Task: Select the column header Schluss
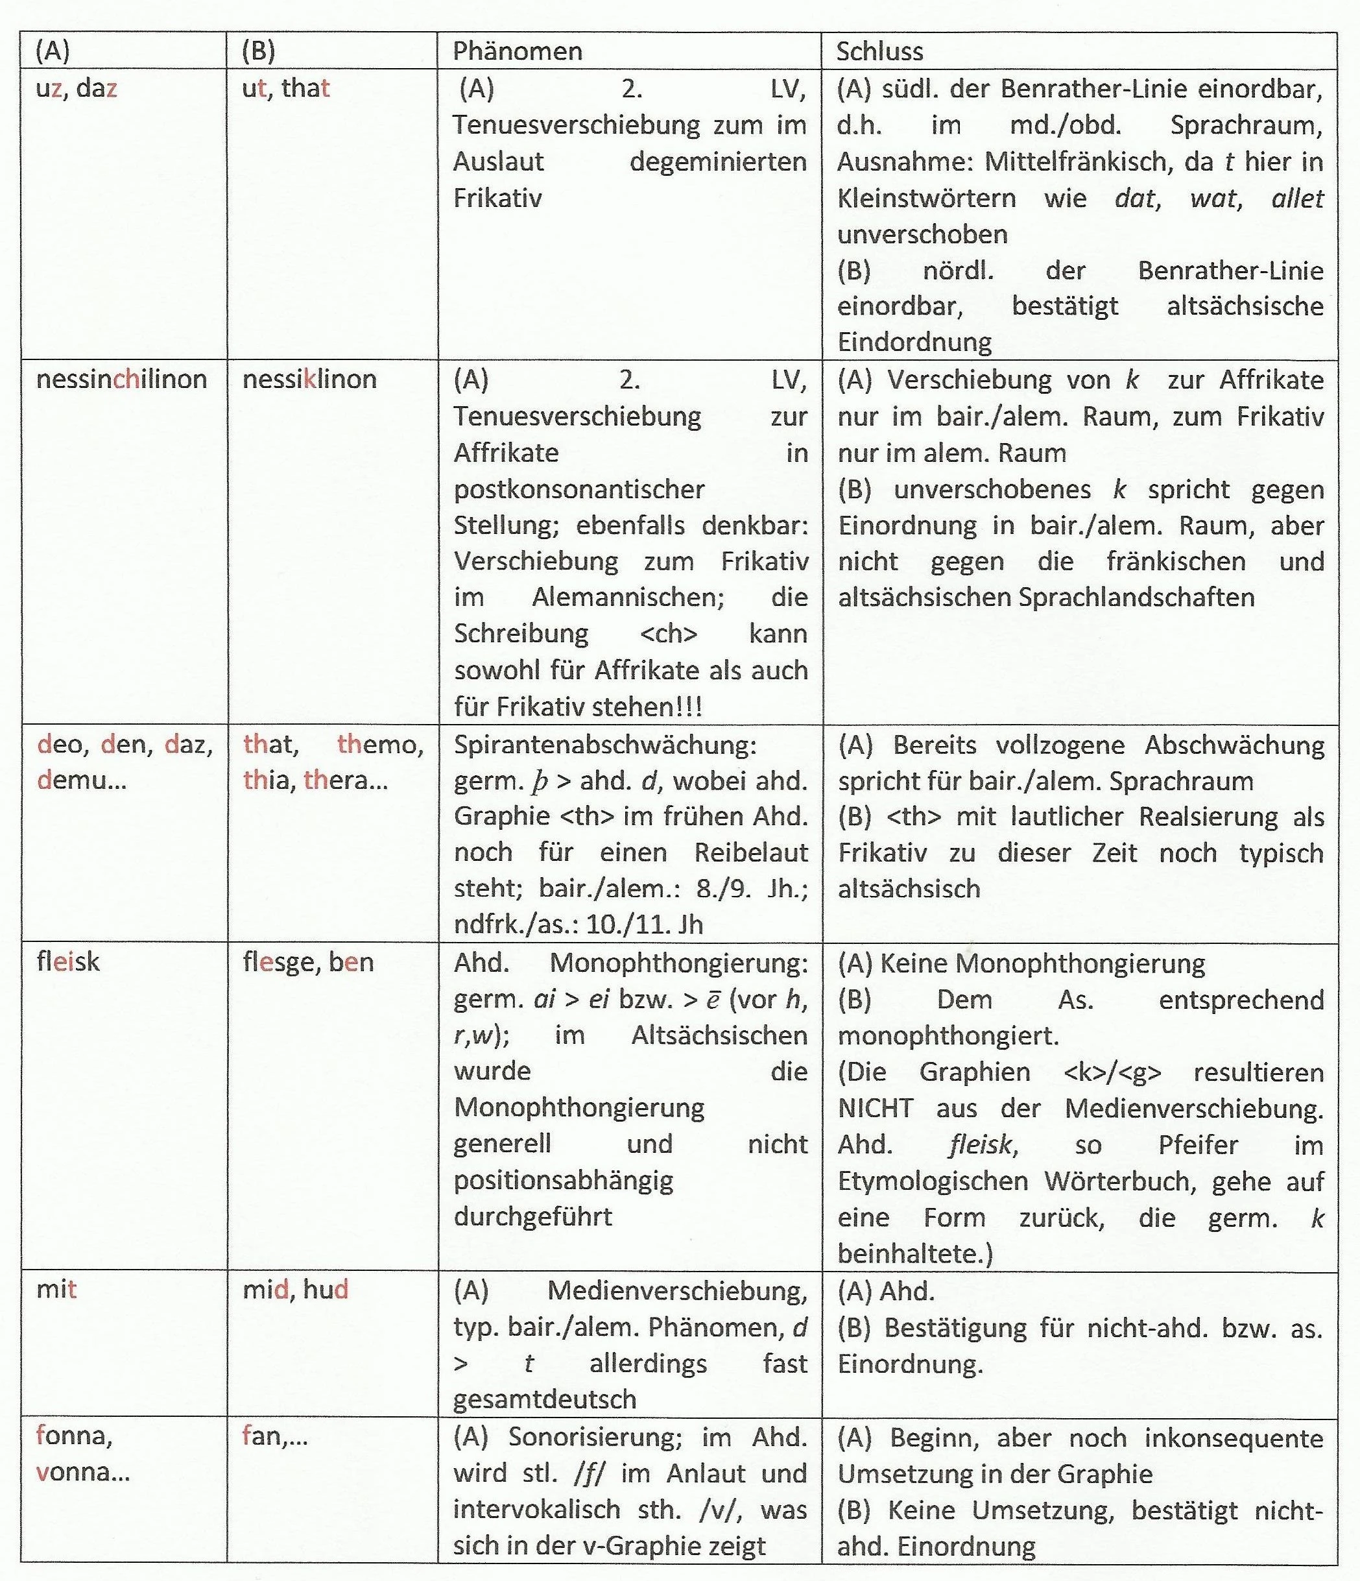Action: pyautogui.click(x=879, y=51)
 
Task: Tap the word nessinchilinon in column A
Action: pyautogui.click(x=121, y=380)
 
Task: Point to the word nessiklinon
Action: pyautogui.click(x=309, y=380)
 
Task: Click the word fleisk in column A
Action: pyautogui.click(x=68, y=961)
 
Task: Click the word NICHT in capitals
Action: pyautogui.click(x=876, y=1108)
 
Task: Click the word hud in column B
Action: pyautogui.click(x=326, y=1290)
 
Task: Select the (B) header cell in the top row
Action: pyautogui.click(x=258, y=51)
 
